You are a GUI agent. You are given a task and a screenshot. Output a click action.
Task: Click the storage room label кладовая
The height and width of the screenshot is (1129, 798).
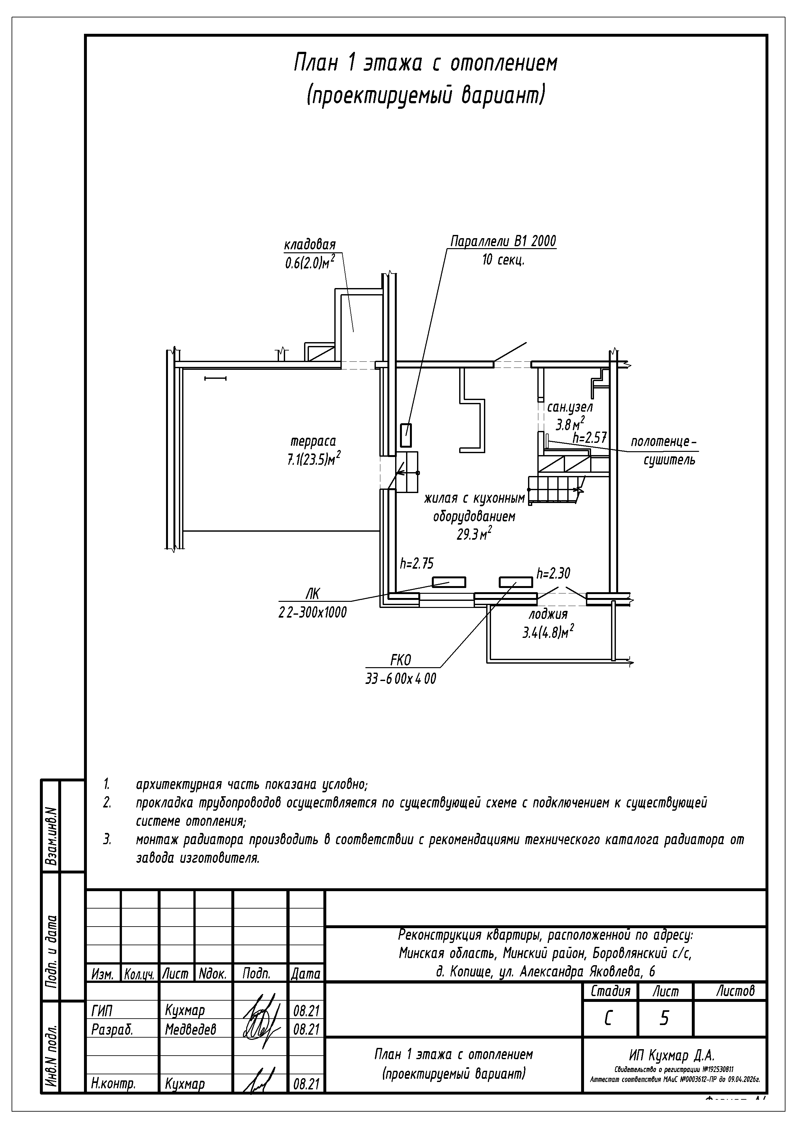310,245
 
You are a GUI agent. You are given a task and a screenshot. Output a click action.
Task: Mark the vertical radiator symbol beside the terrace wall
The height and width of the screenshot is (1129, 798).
406,435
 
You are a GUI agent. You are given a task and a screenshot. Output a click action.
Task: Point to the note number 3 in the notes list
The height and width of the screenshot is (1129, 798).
107,839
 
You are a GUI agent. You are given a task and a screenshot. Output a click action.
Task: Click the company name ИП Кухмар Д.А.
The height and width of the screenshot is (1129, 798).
672,1055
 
